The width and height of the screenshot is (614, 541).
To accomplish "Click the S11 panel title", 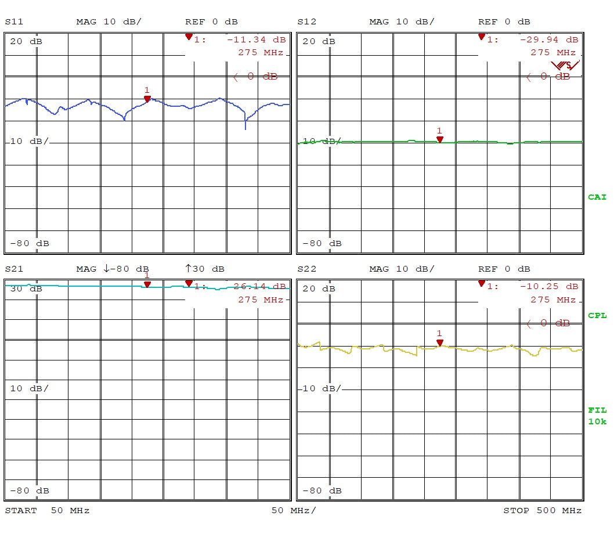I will coord(15,22).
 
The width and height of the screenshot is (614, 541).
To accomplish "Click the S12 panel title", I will coord(307,22).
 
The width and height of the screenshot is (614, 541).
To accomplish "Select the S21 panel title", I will coord(15,269).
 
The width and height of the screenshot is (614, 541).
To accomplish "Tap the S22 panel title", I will coord(307,269).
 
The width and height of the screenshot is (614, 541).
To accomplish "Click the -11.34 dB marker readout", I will coord(257,40).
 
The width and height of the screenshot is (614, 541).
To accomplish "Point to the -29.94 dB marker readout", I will coord(549,40).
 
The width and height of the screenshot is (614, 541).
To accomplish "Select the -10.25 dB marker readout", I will coord(549,287).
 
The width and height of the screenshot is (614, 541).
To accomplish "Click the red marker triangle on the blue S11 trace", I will coord(147,99).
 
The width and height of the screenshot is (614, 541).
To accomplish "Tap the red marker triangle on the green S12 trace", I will coord(439,139).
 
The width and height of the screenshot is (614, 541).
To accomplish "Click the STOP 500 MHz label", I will coord(542,511).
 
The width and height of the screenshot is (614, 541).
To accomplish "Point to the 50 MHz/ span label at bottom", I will coord(294,511).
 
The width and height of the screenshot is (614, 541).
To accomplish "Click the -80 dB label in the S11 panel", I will coord(30,244).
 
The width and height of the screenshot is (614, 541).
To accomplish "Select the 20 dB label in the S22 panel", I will coord(319,289).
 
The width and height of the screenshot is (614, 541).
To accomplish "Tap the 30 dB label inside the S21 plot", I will coord(26,289).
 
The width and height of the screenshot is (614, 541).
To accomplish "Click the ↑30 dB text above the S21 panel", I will coord(204,269).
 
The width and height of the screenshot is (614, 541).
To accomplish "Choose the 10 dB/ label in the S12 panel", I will coord(322,142).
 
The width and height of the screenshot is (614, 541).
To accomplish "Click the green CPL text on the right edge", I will coord(597,316).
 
